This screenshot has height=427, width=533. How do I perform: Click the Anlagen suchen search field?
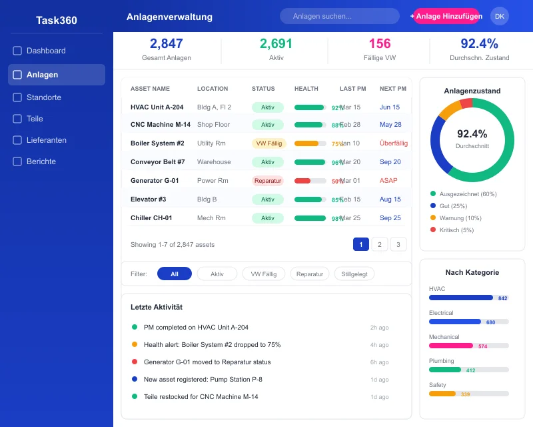click(340, 16)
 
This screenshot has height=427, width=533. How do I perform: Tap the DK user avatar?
click(500, 16)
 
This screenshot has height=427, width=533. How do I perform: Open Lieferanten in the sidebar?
click(47, 140)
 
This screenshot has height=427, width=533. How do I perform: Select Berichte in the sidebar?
click(41, 161)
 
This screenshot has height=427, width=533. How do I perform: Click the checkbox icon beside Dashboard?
click(17, 51)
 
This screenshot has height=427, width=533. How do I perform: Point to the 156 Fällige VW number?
click(380, 44)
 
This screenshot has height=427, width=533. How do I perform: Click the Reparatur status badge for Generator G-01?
click(268, 180)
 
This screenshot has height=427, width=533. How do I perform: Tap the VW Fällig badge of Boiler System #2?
click(268, 143)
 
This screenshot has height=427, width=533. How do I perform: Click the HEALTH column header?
click(306, 89)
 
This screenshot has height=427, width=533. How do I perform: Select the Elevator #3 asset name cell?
click(149, 199)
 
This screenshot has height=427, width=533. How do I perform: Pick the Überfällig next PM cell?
click(393, 143)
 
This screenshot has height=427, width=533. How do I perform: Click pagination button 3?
click(398, 244)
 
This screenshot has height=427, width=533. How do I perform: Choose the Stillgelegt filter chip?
click(354, 274)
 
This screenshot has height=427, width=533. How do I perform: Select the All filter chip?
click(175, 274)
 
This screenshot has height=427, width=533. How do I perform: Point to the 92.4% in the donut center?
click(472, 133)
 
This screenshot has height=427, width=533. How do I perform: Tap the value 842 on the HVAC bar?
click(502, 298)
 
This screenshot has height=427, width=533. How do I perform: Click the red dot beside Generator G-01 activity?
click(135, 362)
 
